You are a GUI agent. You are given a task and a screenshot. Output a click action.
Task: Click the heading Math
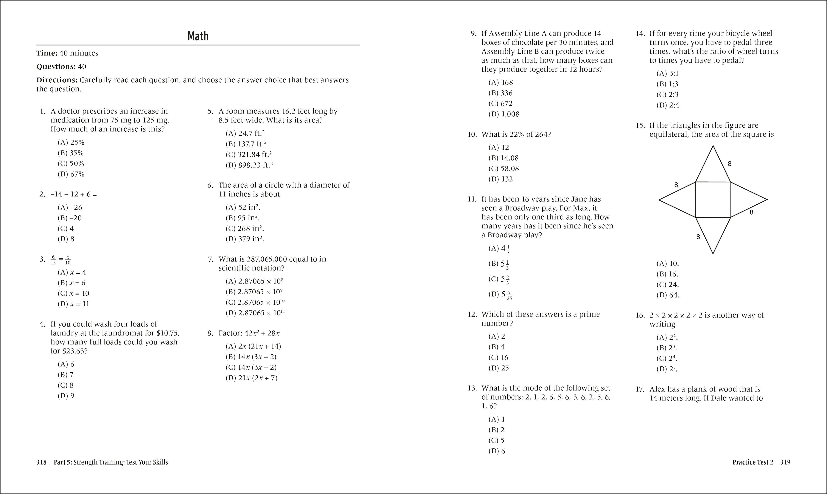[198, 36]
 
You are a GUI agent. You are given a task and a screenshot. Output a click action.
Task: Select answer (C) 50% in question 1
[71, 164]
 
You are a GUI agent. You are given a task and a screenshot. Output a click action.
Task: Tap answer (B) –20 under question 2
[70, 218]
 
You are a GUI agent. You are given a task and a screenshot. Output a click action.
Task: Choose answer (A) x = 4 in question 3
[72, 272]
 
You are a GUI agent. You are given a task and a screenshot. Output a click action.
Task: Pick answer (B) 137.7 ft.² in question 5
[246, 144]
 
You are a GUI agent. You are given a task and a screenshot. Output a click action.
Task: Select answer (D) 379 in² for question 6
[245, 239]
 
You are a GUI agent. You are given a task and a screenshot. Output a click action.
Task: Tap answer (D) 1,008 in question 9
[504, 114]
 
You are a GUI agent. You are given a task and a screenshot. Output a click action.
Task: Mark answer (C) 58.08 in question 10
[504, 168]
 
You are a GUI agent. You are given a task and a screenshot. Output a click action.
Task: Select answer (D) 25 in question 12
[499, 368]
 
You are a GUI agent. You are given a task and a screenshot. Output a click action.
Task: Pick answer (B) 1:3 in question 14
[667, 84]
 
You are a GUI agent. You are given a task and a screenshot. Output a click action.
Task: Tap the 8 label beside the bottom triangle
[698, 237]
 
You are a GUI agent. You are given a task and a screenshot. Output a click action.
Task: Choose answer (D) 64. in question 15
[668, 295]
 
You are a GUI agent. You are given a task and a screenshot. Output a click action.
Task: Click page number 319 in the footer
[785, 462]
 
